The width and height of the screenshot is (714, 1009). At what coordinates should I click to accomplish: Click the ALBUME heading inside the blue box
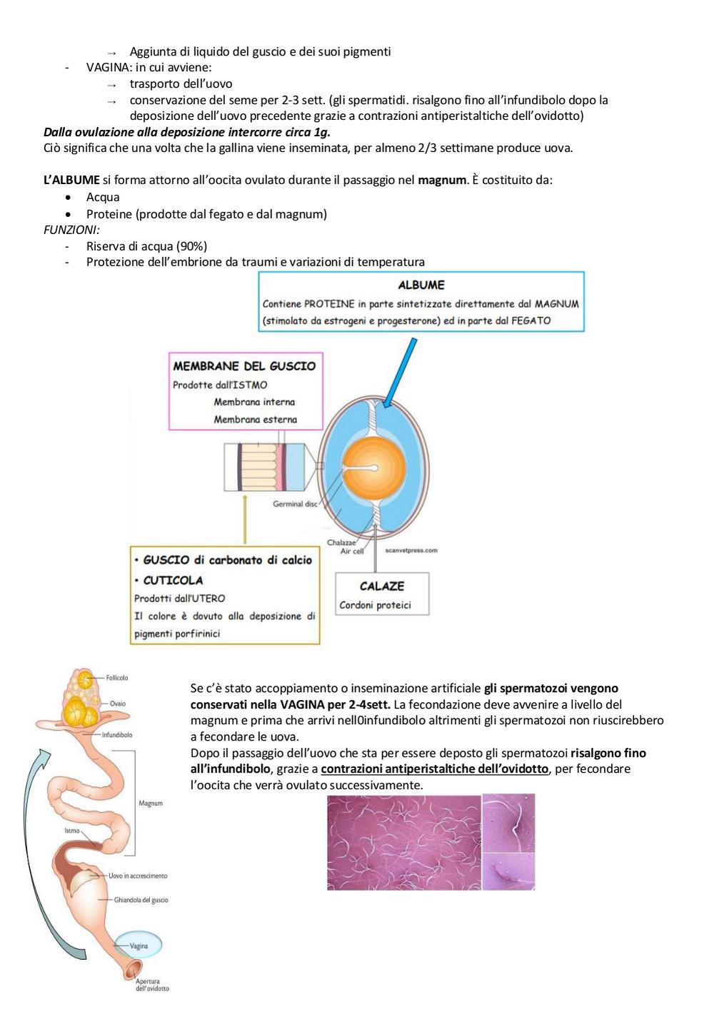click(x=421, y=285)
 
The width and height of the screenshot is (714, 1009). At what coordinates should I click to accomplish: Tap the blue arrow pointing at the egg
click(x=398, y=372)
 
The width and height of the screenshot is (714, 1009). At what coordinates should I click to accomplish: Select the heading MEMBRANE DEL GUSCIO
click(x=244, y=366)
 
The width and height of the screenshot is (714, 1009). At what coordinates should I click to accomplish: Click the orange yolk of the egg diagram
click(x=375, y=468)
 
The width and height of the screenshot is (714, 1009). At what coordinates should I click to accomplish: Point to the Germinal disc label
click(x=295, y=504)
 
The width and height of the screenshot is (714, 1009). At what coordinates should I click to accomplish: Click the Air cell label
click(x=352, y=551)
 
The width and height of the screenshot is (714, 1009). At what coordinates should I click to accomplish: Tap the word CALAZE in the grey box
click(x=382, y=586)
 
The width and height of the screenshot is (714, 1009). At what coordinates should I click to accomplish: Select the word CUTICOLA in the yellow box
click(x=173, y=580)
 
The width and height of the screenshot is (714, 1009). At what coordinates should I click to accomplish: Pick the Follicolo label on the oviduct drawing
click(x=117, y=677)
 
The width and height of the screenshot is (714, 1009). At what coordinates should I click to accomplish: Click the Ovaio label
click(x=118, y=703)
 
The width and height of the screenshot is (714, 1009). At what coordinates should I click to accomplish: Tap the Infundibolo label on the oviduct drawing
click(x=117, y=735)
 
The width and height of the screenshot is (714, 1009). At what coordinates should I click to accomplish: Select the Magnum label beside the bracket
click(x=151, y=803)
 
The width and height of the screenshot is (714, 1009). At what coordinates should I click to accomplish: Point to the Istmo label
click(x=72, y=830)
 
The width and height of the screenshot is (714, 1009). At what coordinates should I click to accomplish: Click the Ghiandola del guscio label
click(x=141, y=900)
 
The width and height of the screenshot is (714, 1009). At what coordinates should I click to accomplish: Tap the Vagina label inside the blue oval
click(x=139, y=945)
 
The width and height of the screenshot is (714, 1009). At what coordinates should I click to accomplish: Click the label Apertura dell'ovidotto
click(x=152, y=985)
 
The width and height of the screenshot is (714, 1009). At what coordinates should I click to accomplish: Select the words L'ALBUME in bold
click(x=71, y=180)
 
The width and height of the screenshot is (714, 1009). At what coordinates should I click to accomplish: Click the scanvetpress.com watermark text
click(x=411, y=550)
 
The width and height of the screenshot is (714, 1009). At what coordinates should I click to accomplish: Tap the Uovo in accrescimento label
click(x=138, y=876)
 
